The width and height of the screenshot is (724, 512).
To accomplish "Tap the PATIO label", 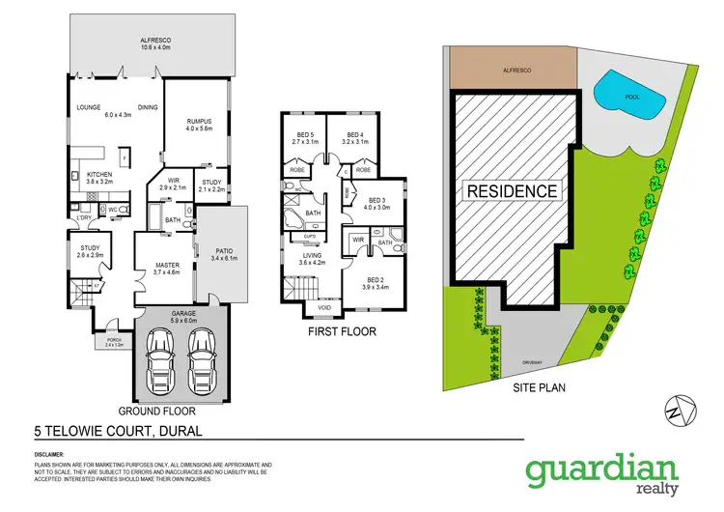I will point(220,254).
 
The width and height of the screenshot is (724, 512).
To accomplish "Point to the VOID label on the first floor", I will point(323,309).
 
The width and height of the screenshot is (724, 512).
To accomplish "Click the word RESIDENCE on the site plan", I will point(513,190).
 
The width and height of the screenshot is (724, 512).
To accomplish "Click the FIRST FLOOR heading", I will point(341,332).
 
